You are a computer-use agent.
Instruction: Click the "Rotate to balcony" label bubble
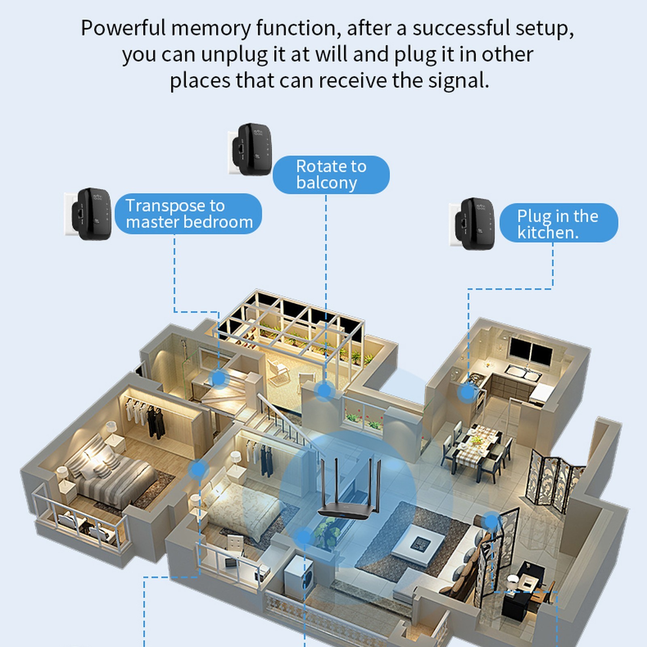[331, 174]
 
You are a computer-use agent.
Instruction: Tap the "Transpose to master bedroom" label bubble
[188, 214]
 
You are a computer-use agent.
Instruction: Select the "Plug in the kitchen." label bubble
[558, 223]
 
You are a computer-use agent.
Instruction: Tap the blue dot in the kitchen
[468, 392]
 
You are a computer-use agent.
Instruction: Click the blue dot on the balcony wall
[324, 391]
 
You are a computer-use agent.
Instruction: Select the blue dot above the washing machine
[302, 537]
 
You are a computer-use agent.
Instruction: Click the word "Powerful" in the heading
[123, 28]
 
